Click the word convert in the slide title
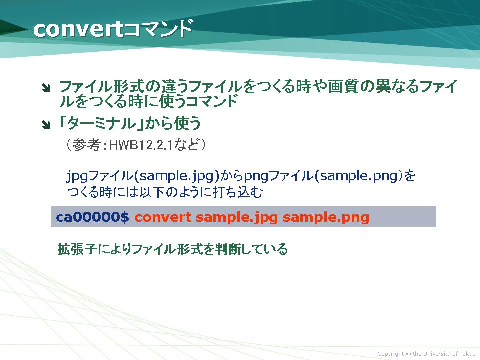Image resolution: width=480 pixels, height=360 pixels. coord(78,29)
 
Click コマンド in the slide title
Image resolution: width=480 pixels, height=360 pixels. coord(158,28)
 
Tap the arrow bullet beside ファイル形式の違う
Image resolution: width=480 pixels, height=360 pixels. coord(46,88)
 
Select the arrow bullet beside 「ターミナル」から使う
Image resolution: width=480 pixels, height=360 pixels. coord(46,125)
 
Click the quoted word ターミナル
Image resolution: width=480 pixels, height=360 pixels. coord(101,123)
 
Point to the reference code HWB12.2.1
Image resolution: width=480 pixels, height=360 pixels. coord(141,145)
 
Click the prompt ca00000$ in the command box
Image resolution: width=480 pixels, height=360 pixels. coord(93,217)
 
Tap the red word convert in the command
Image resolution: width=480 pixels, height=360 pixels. coord(163,217)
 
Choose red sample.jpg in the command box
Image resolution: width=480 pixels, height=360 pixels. coord(237,218)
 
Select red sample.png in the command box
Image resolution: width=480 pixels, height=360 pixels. coord(326,218)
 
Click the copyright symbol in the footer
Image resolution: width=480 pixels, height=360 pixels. coord(408,354)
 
